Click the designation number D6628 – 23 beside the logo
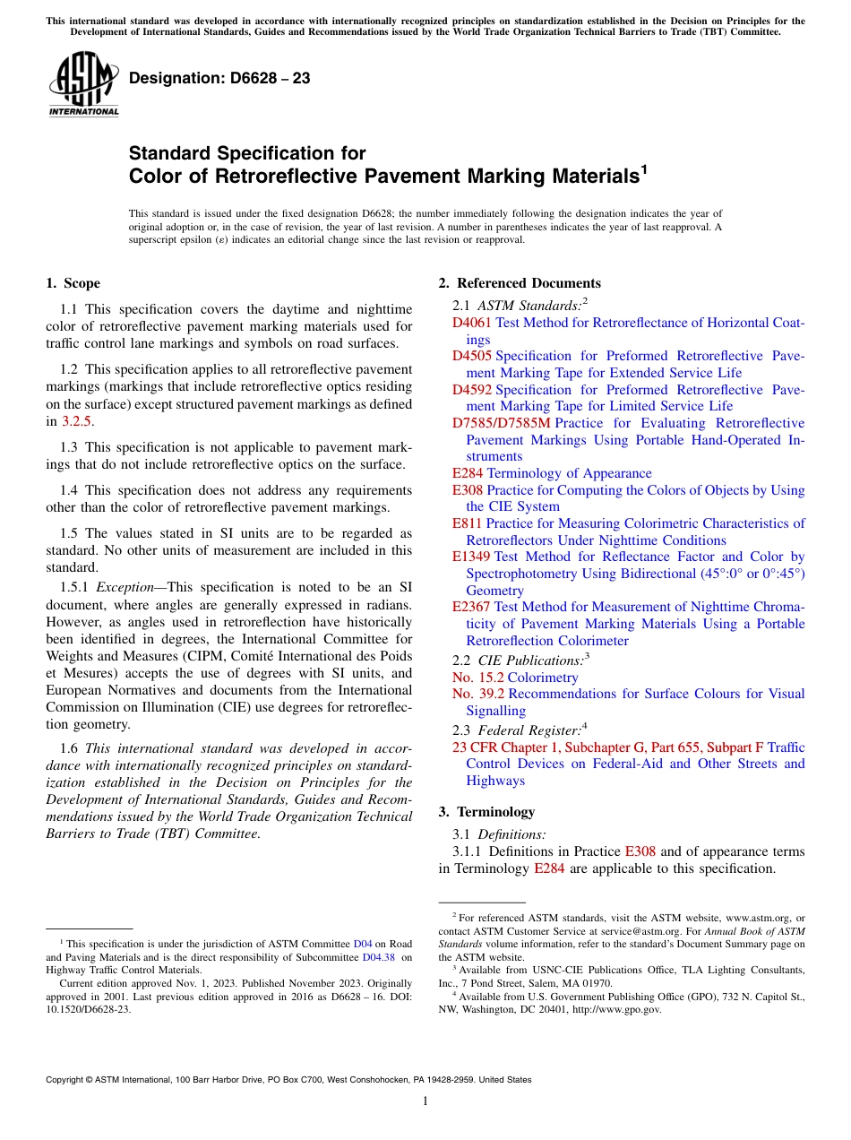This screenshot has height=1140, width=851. click(219, 79)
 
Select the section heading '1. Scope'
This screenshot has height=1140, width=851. click(73, 283)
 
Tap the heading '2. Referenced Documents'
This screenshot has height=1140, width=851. click(520, 283)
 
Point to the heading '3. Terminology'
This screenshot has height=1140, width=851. click(486, 812)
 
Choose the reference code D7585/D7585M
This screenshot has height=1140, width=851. click(501, 423)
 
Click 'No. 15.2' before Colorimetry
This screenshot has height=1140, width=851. click(477, 678)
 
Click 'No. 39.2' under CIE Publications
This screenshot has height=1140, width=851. click(477, 694)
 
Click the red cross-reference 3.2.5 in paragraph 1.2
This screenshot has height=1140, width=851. click(75, 420)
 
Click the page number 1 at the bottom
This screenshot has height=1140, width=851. click(425, 1101)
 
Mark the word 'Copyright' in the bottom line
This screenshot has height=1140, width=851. click(66, 1080)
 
